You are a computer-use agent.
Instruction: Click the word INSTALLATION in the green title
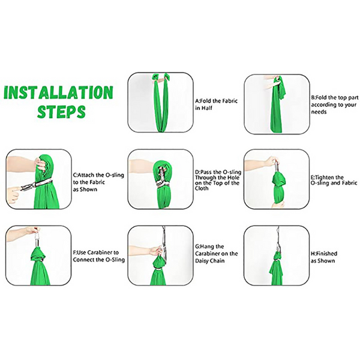pyautogui.click(x=59, y=92)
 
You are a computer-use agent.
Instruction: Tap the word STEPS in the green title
pyautogui.click(x=61, y=112)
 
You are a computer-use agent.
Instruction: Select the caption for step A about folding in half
pyautogui.click(x=216, y=104)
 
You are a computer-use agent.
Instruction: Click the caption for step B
pyautogui.click(x=335, y=104)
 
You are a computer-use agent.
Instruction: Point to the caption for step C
pyautogui.click(x=98, y=182)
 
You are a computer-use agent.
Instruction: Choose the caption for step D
pyautogui.click(x=218, y=180)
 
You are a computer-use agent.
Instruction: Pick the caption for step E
pyautogui.click(x=334, y=180)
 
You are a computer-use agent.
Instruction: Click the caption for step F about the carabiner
pyautogui.click(x=99, y=256)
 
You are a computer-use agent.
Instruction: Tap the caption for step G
pyautogui.click(x=216, y=254)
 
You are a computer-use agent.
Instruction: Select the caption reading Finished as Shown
pyautogui.click(x=324, y=257)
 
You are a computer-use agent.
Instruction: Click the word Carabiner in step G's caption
pyautogui.click(x=208, y=254)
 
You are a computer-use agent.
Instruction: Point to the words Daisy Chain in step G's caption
pyautogui.click(x=209, y=261)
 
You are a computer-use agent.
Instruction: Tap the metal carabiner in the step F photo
pyautogui.click(x=37, y=239)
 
